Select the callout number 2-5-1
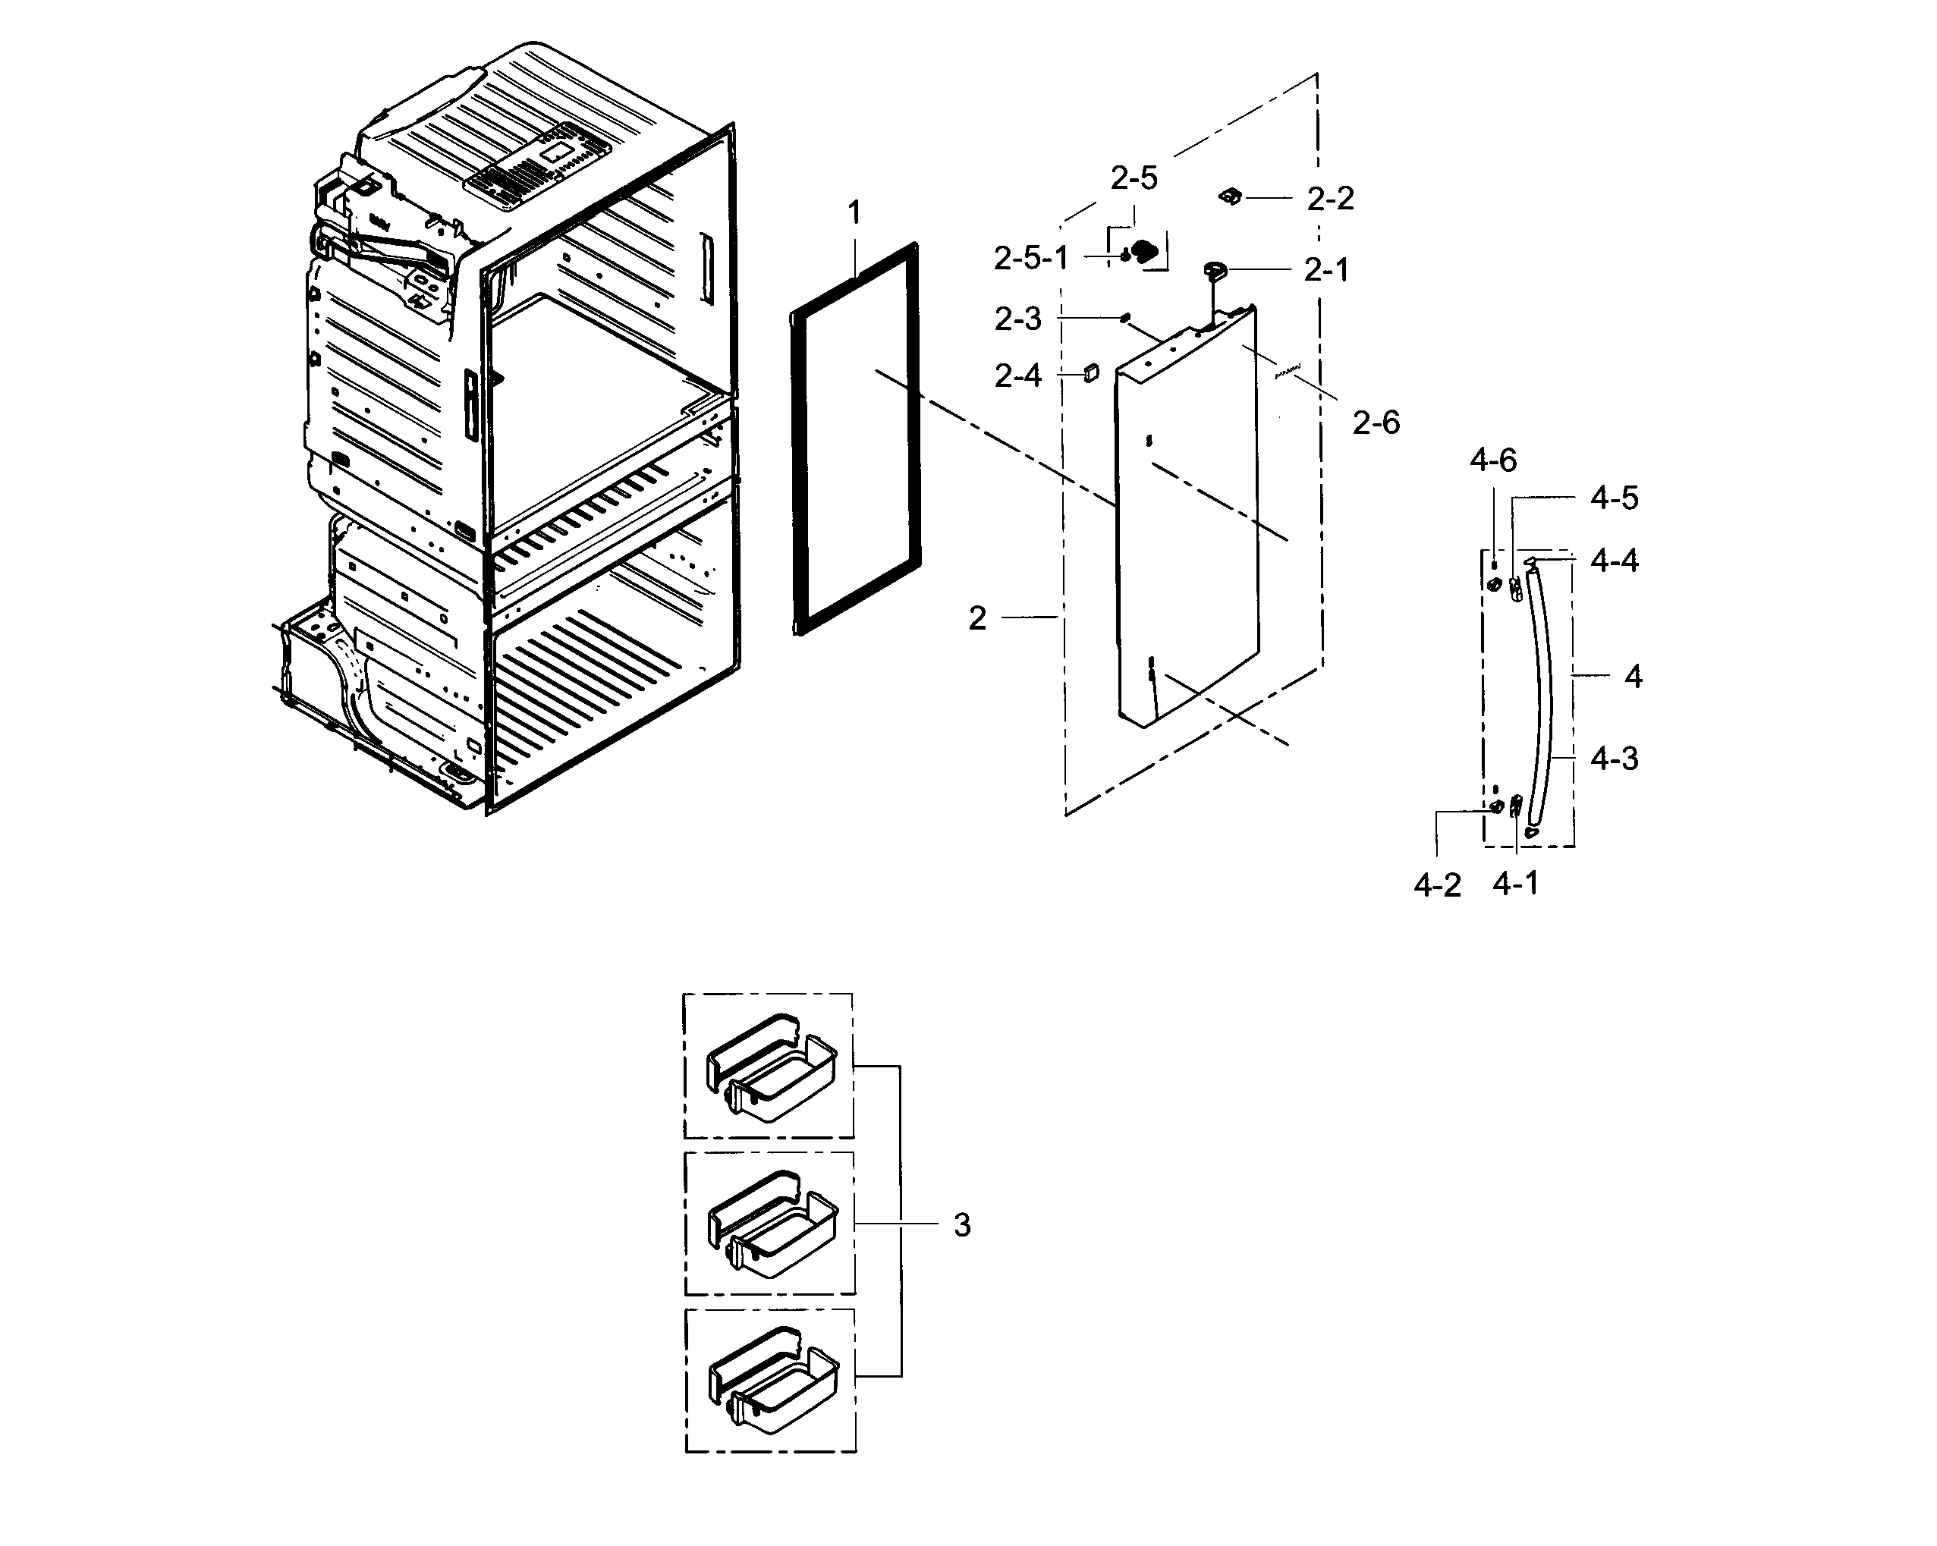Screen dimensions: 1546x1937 pos(1030,259)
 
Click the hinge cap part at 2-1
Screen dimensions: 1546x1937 pos(1215,269)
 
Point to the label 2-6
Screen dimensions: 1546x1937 pos(1376,423)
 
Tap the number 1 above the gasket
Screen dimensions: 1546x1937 pos(854,213)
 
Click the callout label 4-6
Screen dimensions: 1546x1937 pos(1492,460)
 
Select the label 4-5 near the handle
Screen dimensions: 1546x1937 pos(1614,498)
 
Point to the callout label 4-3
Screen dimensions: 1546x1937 pos(1614,759)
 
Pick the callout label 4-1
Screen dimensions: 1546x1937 pos(1516,884)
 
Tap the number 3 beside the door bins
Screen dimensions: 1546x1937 pos(961,1225)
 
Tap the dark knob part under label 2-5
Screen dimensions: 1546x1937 pos(1143,253)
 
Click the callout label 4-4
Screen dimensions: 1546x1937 pos(1614,561)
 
